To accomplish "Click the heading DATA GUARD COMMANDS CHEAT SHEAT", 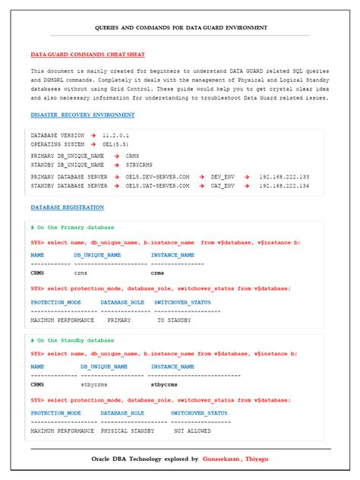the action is (x=87, y=55).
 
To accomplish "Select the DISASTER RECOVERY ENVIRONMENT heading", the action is (x=83, y=115).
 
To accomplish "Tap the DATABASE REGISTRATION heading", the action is (x=68, y=207).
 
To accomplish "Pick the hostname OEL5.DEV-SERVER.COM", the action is (x=157, y=176).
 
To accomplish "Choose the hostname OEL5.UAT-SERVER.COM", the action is (x=157, y=185).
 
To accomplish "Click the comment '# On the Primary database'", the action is (x=72, y=227).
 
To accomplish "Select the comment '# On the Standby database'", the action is (x=72, y=340).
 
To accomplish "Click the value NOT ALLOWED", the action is (x=192, y=431).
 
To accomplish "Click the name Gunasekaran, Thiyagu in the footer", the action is (x=235, y=459).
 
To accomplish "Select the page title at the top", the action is (x=180, y=27).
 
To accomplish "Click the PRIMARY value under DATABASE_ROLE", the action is (x=119, y=321).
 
